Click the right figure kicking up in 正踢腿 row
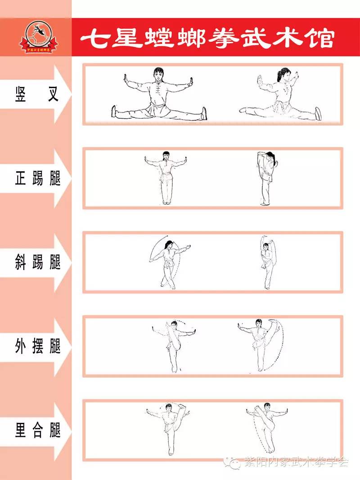coord(267,178)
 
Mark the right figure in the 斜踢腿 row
coord(267,263)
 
